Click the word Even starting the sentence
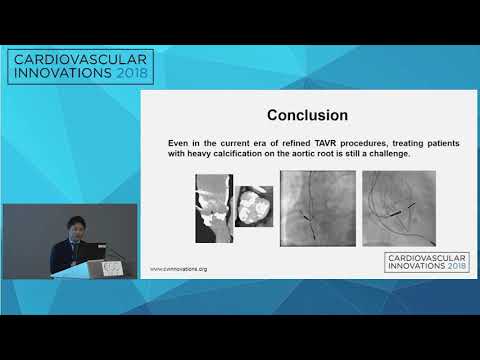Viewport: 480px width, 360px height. tap(180, 144)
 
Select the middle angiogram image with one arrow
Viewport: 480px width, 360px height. tap(316, 208)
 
